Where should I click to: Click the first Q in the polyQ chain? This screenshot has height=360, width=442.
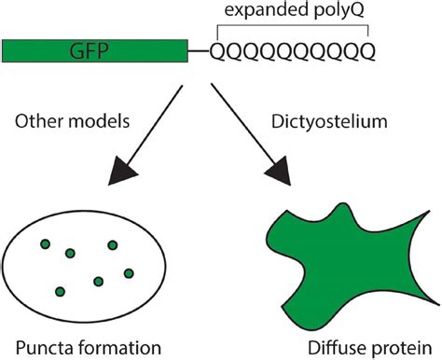216,50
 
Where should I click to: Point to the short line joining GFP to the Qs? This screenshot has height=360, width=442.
199,50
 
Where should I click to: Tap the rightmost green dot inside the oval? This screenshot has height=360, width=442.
127,272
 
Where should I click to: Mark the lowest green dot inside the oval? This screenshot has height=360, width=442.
60,292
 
